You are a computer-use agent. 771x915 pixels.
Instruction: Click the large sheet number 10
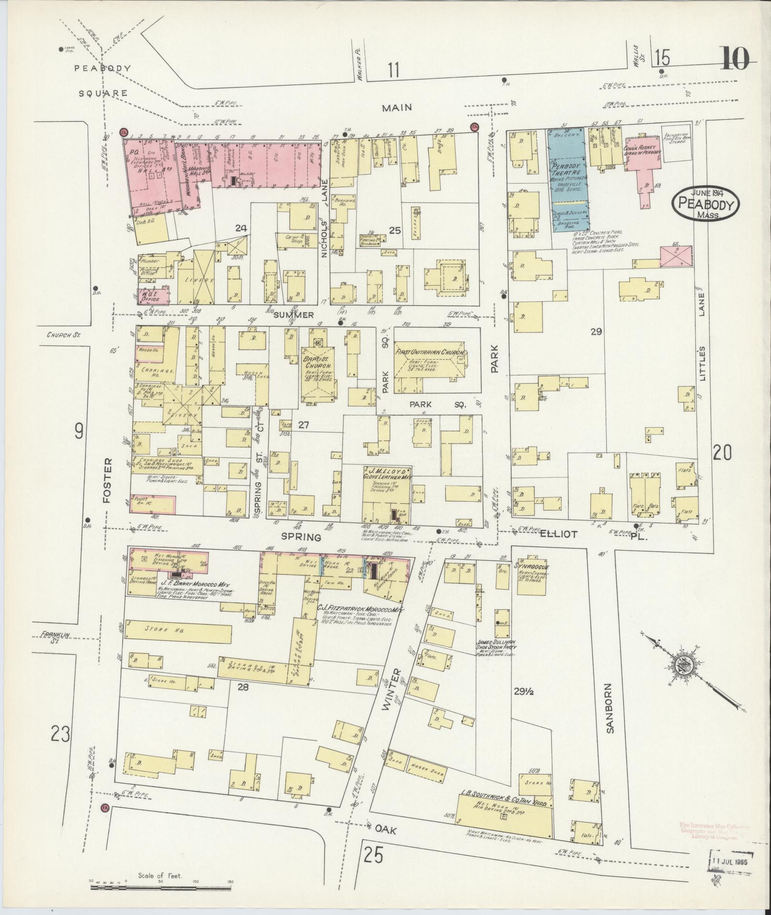[735, 60]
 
